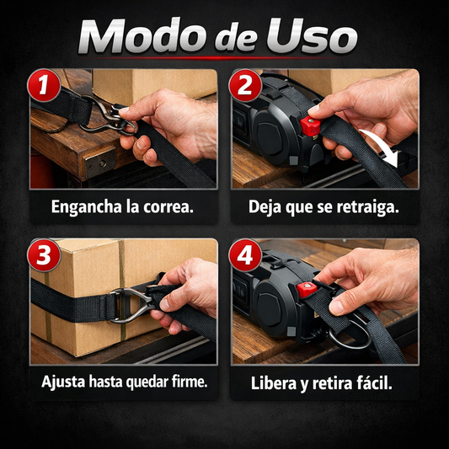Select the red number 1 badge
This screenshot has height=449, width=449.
tap(43, 86)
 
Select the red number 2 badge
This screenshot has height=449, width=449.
tap(246, 86)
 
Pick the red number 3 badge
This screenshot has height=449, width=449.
tap(43, 256)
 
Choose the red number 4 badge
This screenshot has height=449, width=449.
tap(246, 256)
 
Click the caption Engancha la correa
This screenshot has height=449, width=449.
tap(122, 206)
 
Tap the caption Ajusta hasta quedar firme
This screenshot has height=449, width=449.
tap(123, 382)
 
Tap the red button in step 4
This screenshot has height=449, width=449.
tap(307, 291)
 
